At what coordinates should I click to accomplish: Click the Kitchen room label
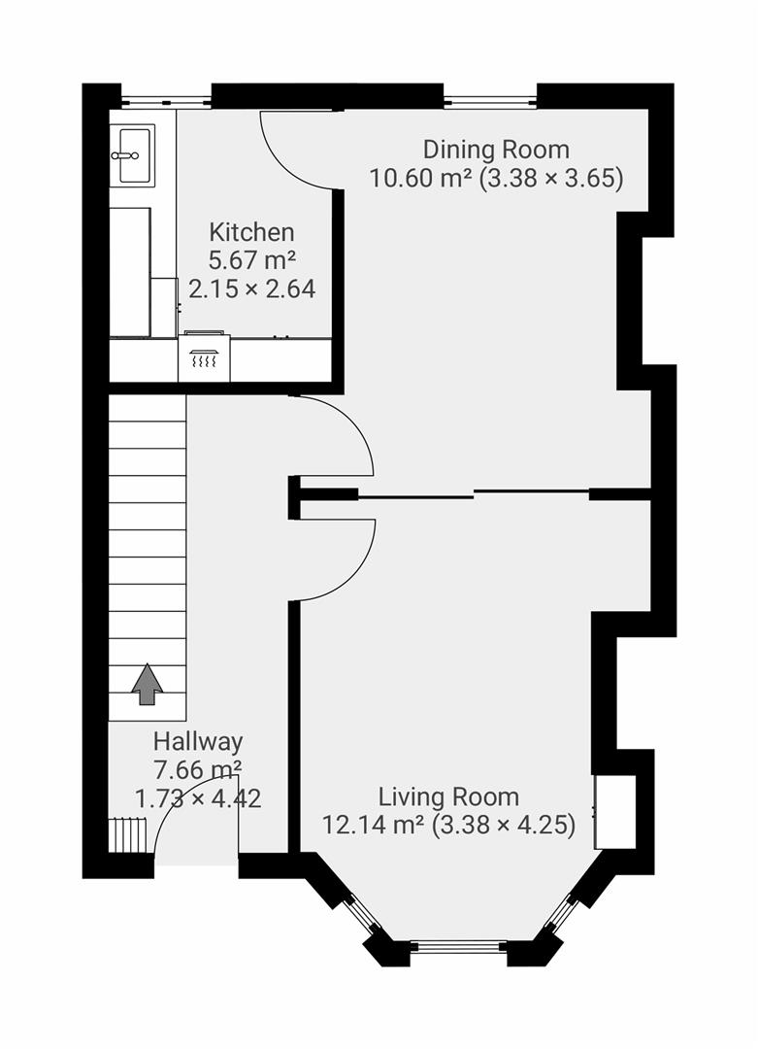pyautogui.click(x=251, y=233)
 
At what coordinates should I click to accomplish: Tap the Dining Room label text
pyautogui.click(x=496, y=151)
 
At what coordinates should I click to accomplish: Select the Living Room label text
pyautogui.click(x=448, y=797)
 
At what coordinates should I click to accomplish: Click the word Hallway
pyautogui.click(x=198, y=742)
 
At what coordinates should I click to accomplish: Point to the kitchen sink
pyautogui.click(x=133, y=154)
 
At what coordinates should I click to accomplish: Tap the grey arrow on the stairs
pyautogui.click(x=148, y=684)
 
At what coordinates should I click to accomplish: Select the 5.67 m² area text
pyautogui.click(x=251, y=260)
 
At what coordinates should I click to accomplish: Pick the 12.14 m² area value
pyautogui.click(x=374, y=826)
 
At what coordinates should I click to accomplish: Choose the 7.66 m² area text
pyautogui.click(x=198, y=770)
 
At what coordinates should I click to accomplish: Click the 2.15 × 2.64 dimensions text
pyautogui.click(x=251, y=288)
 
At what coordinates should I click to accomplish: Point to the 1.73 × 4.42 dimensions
pyautogui.click(x=198, y=798)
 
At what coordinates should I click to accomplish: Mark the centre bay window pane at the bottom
pyautogui.click(x=456, y=946)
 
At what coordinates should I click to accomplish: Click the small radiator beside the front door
pyautogui.click(x=129, y=833)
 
